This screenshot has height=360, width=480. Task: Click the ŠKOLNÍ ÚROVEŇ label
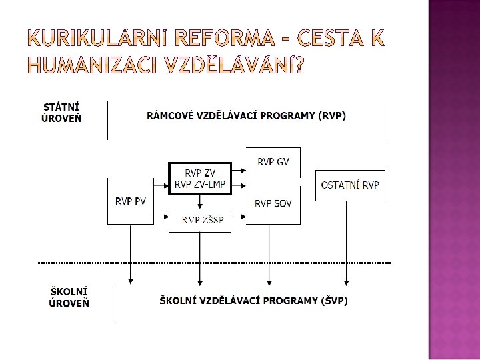69,297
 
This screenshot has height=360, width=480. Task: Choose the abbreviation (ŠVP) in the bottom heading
334,301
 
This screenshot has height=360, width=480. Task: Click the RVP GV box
273,161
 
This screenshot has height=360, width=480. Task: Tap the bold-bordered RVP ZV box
200,178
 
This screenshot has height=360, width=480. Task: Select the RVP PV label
131,201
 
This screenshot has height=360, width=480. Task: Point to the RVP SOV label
273,203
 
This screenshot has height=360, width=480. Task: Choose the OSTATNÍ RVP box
350,184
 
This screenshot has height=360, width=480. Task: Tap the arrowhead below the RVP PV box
131,279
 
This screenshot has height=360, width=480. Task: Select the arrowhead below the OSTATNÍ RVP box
345,279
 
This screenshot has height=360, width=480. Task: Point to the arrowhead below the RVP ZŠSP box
200,279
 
